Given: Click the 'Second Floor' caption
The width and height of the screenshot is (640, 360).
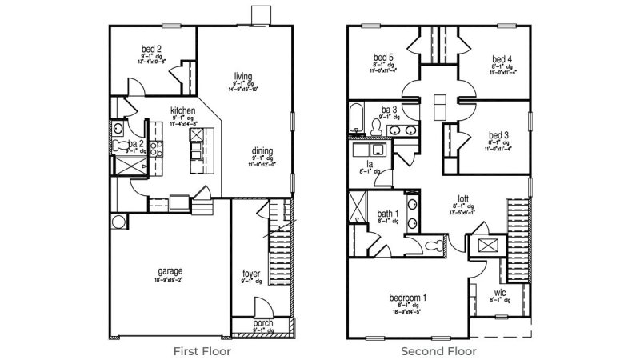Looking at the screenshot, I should pyautogui.click(x=439, y=350).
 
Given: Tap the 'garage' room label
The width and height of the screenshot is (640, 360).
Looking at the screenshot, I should pyautogui.click(x=170, y=270).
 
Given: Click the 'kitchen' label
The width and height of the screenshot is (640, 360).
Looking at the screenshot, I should pyautogui.click(x=183, y=110).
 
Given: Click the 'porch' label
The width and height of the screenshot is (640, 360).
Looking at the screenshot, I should pyautogui.click(x=262, y=323).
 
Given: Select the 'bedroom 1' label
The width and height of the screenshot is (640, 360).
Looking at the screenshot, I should pyautogui.click(x=407, y=298).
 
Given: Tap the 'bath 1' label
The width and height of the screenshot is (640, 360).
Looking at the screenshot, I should pyautogui.click(x=388, y=213).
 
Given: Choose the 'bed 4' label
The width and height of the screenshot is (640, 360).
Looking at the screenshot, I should pyautogui.click(x=501, y=58).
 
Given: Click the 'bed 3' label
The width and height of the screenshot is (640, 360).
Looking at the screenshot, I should pyautogui.click(x=498, y=134).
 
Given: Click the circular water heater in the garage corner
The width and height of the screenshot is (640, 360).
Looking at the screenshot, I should pyautogui.click(x=118, y=222).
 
